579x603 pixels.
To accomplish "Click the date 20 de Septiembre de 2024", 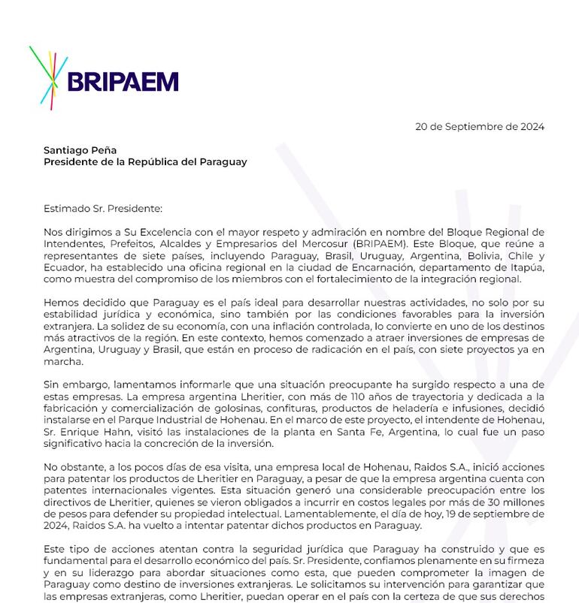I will pos(480,126).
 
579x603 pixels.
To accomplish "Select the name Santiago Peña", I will pos(80,150).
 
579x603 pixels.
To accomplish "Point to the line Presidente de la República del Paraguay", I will pos(145,161).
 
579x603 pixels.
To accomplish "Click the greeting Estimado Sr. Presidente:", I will pos(103,209).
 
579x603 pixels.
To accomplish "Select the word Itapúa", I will pos(524,267).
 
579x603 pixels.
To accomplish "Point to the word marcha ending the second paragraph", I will pos(62,361).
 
